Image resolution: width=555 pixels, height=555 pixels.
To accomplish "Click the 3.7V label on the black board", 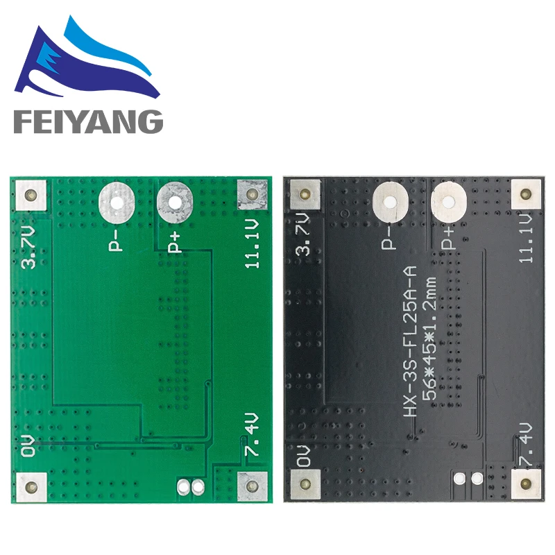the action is coord(302,239).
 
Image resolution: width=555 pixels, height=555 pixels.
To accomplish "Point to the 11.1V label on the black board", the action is coord(525,242).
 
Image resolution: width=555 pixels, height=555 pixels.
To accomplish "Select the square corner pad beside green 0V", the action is coord(30,487).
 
